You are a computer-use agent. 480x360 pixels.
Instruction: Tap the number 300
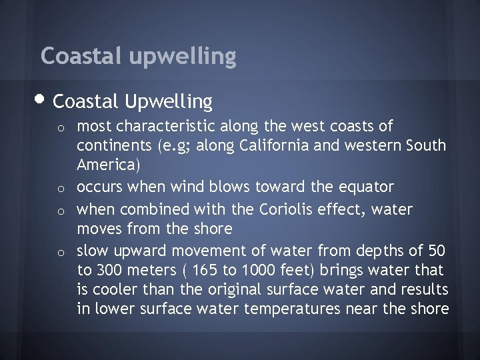point(109,271)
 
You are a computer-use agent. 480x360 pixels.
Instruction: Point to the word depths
point(377,251)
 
